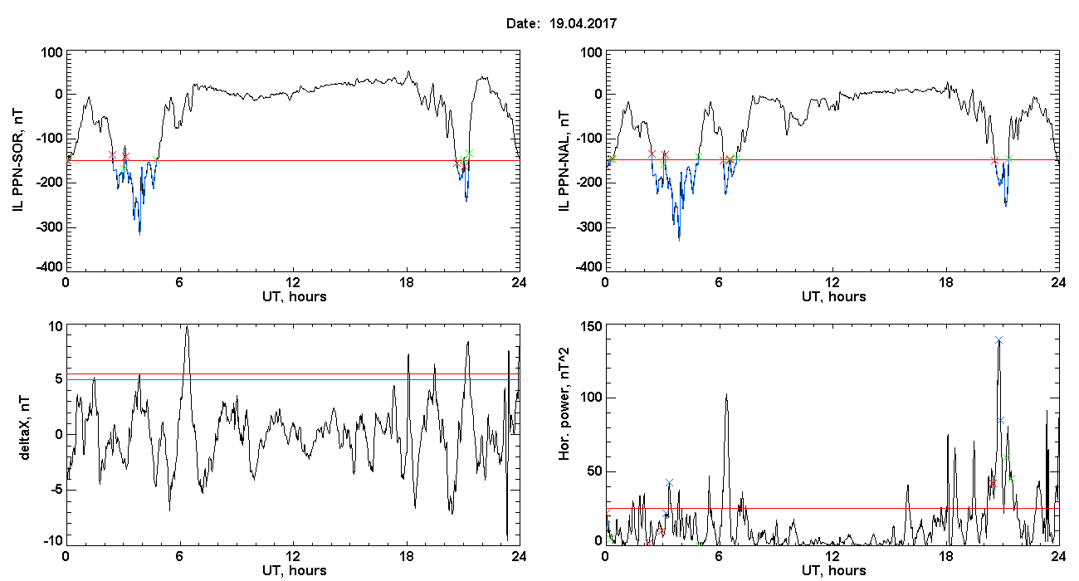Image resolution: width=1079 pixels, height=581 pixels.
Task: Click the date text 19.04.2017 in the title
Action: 583,23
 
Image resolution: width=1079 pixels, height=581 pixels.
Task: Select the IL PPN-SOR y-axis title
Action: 17,161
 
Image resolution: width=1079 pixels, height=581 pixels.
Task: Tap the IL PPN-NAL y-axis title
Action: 564,161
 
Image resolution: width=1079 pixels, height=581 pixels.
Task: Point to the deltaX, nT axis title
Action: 24,427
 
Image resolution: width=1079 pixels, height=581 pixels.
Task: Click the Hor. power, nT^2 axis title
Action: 564,403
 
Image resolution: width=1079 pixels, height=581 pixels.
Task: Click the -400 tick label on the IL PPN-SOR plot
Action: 49,267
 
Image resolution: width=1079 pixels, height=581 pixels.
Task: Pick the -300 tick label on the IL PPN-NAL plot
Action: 588,227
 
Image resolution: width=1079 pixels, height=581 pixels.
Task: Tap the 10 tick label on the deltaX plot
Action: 56,327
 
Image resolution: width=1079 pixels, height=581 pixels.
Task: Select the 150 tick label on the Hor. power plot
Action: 592,327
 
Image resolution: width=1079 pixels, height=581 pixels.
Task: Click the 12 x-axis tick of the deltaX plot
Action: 292,556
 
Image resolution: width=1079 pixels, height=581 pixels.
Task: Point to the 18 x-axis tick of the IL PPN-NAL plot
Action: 945,282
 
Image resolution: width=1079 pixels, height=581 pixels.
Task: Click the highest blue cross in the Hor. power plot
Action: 998,340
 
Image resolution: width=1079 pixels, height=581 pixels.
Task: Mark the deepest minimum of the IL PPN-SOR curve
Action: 139,235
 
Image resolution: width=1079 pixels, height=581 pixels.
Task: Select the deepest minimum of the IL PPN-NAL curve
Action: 679,240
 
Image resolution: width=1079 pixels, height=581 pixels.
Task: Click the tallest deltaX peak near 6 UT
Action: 187,327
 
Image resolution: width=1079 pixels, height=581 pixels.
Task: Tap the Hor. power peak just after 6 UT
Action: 726,394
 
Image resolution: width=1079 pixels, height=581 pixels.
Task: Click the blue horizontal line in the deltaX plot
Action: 293,379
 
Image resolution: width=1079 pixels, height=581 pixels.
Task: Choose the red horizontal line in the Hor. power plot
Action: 832,508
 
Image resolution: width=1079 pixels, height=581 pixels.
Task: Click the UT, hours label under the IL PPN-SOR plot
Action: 295,296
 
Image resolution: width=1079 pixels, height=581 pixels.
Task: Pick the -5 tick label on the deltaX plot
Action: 56,490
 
